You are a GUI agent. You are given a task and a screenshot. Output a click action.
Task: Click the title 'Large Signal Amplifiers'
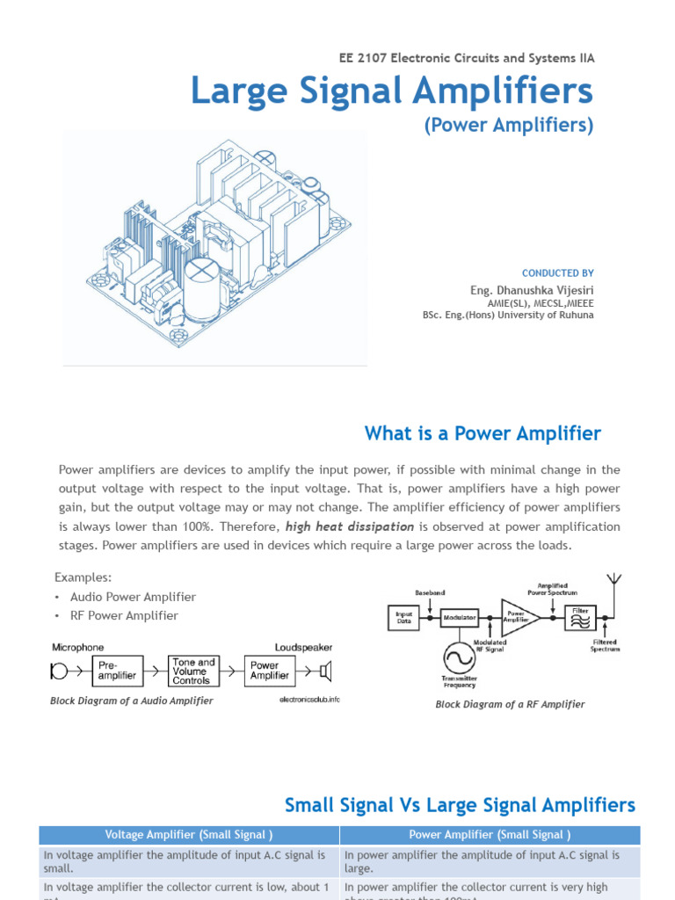[392, 91]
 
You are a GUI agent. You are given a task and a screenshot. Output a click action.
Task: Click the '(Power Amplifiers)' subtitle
[509, 126]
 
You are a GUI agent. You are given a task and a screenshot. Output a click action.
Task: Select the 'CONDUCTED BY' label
[558, 273]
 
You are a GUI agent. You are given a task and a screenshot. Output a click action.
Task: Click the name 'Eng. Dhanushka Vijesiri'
[532, 289]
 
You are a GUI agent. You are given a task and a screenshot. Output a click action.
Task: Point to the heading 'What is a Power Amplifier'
[483, 433]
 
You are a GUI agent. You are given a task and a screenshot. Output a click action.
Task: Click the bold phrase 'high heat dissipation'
[350, 526]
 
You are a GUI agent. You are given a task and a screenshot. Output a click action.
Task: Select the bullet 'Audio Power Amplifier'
[133, 597]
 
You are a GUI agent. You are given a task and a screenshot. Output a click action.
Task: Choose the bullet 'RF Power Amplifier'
[124, 615]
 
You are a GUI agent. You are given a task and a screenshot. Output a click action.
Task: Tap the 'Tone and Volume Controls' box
[192, 671]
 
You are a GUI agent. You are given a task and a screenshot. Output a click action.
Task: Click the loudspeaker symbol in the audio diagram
[325, 672]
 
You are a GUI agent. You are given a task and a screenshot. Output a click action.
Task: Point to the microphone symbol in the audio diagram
[59, 672]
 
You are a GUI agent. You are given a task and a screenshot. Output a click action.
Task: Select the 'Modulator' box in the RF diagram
[459, 618]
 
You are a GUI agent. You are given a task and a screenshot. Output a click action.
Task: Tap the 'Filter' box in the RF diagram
[581, 617]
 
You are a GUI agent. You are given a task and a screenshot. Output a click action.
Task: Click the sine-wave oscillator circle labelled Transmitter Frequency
[458, 657]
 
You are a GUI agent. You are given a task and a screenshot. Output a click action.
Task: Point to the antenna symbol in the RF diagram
[614, 582]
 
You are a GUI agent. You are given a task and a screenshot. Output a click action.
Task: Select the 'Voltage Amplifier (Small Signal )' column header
[189, 835]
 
